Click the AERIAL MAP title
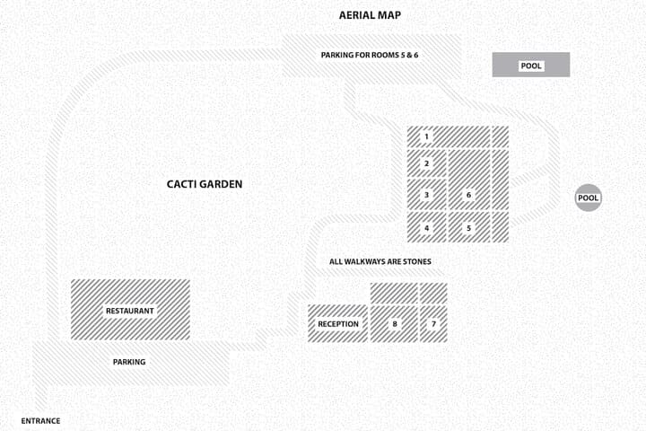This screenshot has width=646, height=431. (370, 15)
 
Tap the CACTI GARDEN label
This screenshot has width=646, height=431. (205, 184)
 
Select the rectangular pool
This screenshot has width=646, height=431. (531, 65)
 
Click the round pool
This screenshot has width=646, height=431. (589, 198)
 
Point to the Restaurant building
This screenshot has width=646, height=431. (130, 310)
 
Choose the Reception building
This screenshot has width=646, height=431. (338, 324)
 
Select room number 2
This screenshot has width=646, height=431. (426, 163)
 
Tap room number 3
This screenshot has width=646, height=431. (426, 195)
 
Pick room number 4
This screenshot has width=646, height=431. (426, 228)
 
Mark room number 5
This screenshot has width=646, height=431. (468, 228)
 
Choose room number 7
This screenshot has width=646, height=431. (433, 324)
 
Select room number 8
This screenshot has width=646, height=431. (395, 324)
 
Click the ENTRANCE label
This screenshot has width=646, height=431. (40, 421)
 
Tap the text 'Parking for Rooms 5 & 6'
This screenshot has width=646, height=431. (370, 55)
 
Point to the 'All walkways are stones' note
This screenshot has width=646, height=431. (380, 261)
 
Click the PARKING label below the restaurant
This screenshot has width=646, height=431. (129, 362)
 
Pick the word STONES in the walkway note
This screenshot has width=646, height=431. (417, 261)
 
